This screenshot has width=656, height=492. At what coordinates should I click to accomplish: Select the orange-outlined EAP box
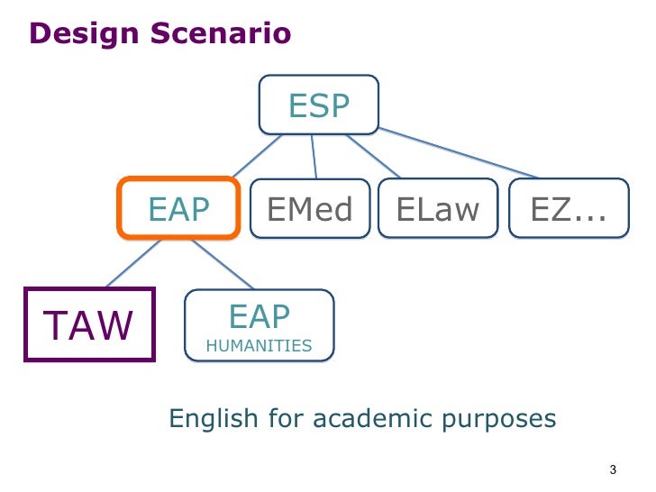coord(178,208)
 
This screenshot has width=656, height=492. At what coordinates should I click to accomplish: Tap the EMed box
coord(309,209)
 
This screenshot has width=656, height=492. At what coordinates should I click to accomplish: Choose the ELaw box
coord(437,209)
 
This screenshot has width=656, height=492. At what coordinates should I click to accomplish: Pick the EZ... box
coord(568,209)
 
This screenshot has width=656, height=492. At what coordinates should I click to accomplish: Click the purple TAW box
coord(88,324)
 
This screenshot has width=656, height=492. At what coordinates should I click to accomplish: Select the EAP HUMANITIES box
coord(259,325)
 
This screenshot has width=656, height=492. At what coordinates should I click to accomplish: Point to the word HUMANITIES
coord(259,345)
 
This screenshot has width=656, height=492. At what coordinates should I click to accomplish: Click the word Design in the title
coord(80,34)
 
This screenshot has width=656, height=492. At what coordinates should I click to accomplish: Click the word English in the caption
coord(212,419)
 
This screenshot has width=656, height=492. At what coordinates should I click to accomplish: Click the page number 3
coord(613,469)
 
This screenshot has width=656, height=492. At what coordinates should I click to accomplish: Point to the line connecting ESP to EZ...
coord(460,153)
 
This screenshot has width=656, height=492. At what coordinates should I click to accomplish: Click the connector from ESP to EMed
coord(314,156)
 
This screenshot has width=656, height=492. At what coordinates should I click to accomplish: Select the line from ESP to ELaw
coord(373,156)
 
